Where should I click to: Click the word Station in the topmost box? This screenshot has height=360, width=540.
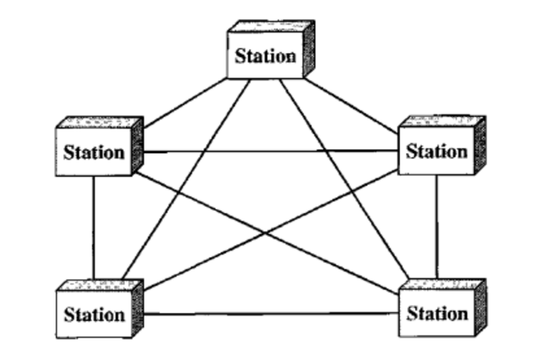(x=266, y=56)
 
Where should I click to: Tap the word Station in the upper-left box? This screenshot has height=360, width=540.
(x=94, y=152)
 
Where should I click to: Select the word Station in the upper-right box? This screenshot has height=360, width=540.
(x=437, y=151)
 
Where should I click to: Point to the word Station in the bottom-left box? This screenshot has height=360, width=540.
(x=94, y=314)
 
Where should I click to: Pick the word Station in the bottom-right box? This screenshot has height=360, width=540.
(x=438, y=312)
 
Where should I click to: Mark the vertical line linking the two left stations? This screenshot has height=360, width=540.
(x=94, y=230)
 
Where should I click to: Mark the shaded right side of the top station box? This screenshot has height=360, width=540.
(x=309, y=48)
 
